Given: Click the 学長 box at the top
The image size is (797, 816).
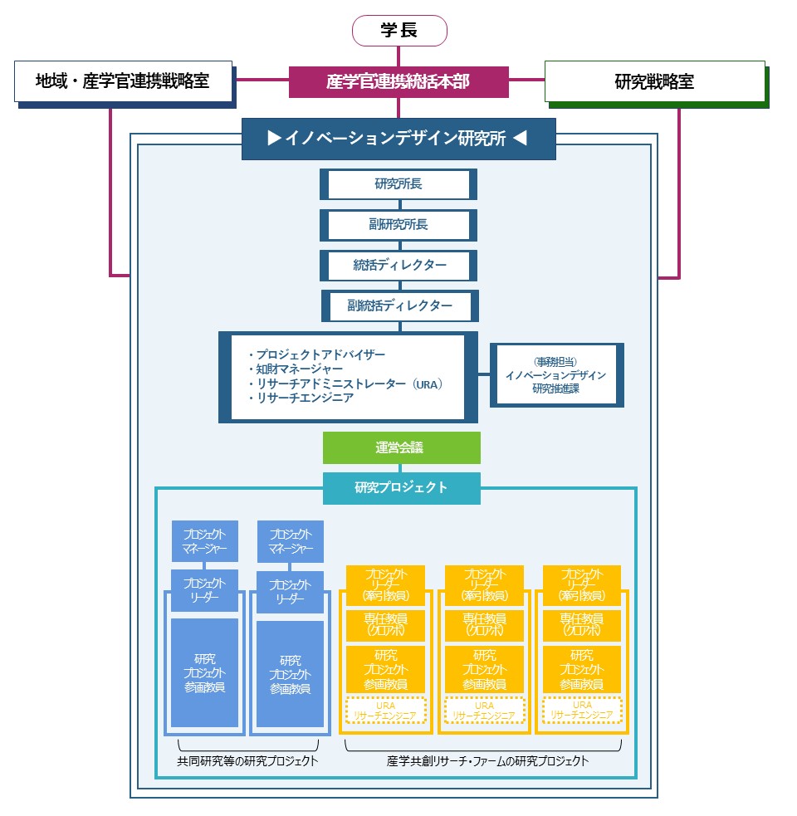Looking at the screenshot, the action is click(x=399, y=31).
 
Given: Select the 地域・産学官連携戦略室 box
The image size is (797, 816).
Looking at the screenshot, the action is click(x=124, y=81).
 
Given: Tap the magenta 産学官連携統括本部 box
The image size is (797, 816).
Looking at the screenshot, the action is click(x=398, y=81).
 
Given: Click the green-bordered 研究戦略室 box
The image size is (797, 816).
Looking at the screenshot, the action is click(x=655, y=81).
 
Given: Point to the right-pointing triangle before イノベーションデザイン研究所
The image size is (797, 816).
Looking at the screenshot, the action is click(x=274, y=138).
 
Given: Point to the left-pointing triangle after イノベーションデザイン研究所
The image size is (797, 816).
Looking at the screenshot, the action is click(x=520, y=138).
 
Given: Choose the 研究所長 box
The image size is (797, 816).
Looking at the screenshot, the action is click(x=398, y=183).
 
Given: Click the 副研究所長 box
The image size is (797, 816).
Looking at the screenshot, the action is click(x=398, y=225).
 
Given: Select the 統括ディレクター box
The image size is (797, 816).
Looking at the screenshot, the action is click(x=398, y=266).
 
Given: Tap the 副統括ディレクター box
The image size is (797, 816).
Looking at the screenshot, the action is click(x=400, y=306).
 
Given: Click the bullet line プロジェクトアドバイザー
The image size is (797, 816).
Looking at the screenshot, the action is click(x=317, y=355).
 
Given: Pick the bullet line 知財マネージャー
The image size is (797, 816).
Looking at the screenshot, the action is click(x=296, y=369).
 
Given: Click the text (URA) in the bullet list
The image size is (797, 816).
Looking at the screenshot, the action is click(x=427, y=384).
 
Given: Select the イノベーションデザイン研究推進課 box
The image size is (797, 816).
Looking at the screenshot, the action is click(x=556, y=375).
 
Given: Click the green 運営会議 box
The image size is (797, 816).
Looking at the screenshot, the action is click(x=401, y=447).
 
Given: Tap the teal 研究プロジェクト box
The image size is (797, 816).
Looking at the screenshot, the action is click(x=401, y=488).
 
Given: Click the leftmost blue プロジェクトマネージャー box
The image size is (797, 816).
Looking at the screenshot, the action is click(x=204, y=541).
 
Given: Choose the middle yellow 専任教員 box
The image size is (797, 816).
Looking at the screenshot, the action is click(x=484, y=625).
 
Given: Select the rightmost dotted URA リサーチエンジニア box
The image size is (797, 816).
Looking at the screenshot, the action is click(x=582, y=711).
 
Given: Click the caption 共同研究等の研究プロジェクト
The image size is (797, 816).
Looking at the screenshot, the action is click(x=247, y=761).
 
